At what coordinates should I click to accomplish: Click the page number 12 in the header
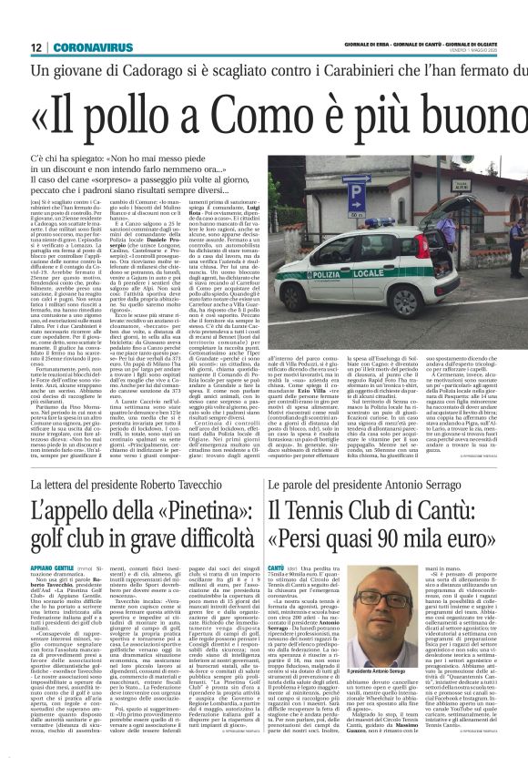click(x=35, y=47)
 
